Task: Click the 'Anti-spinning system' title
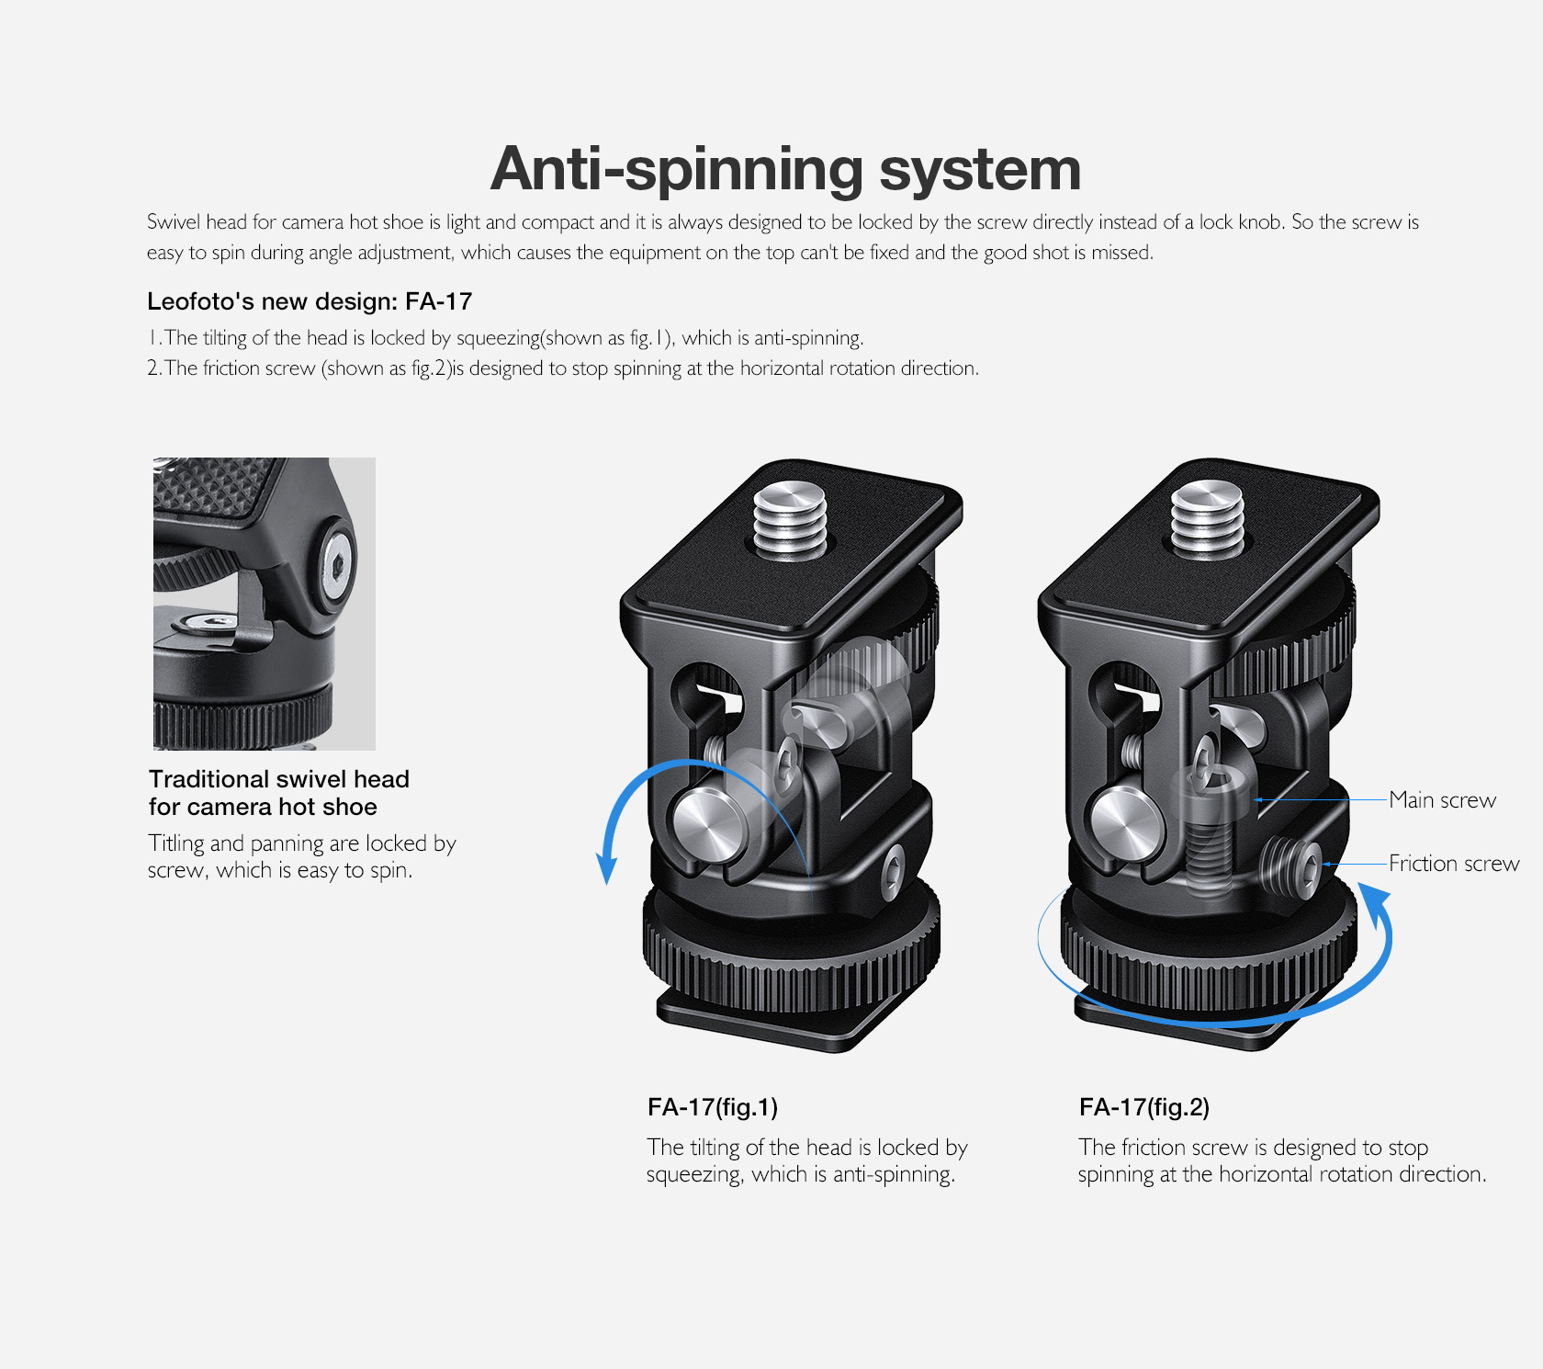786,170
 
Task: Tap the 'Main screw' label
1442,800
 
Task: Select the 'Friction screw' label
1454,864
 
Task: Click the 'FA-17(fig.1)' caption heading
713,1107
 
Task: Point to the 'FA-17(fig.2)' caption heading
1144,1107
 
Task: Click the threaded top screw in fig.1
790,522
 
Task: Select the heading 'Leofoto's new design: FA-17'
310,301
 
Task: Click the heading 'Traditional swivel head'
279,779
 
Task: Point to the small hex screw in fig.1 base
892,869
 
